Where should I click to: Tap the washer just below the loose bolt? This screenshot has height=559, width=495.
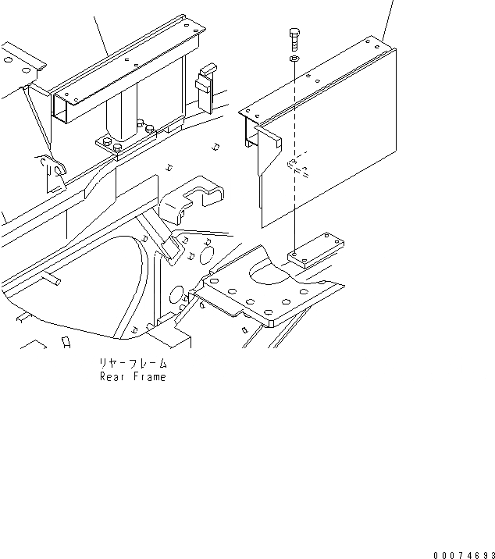coord(294,59)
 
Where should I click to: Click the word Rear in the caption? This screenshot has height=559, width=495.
coord(113,376)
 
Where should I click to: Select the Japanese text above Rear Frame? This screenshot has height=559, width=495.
coord(133,364)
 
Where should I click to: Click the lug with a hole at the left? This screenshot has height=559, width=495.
coord(52,174)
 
